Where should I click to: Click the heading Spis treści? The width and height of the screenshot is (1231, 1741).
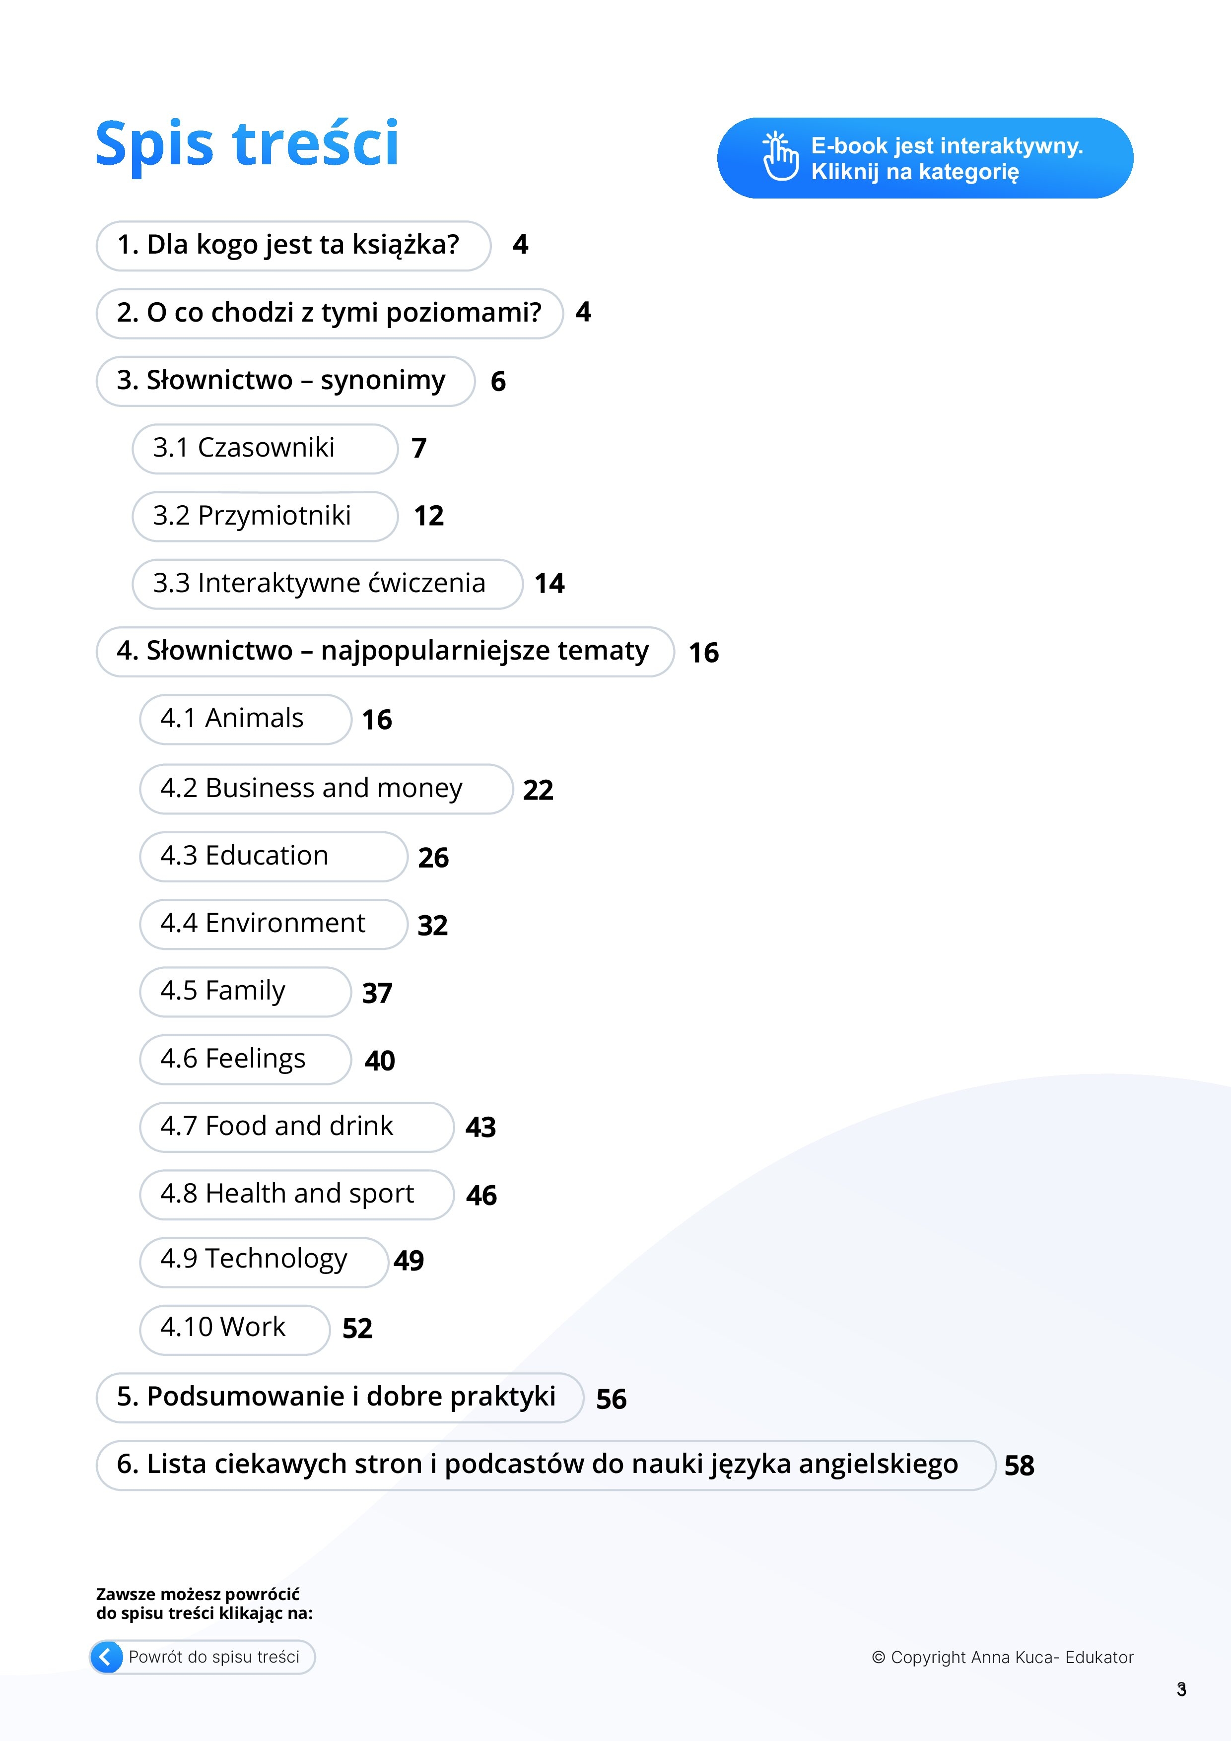[x=247, y=143]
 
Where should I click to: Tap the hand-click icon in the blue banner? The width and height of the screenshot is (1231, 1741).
[x=780, y=157]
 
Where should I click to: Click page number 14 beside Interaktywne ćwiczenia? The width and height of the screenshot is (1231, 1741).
[x=549, y=583]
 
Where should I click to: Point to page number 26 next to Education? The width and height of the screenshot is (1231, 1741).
[x=433, y=858]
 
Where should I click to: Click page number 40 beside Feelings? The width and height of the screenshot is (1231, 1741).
[x=379, y=1060]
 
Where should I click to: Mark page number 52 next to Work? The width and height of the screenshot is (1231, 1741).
[x=357, y=1329]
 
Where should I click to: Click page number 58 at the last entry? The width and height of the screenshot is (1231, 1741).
[x=1019, y=1466]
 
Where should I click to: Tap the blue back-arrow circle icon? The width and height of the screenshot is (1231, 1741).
[x=107, y=1657]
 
